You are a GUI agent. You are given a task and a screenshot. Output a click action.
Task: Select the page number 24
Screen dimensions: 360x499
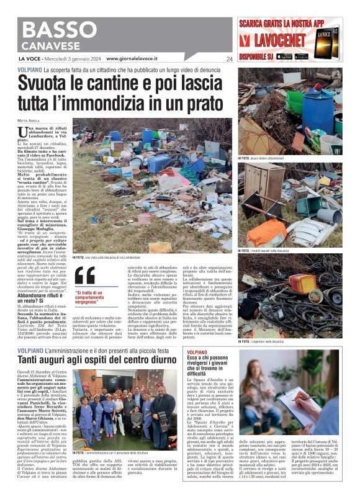coord(229,60)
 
